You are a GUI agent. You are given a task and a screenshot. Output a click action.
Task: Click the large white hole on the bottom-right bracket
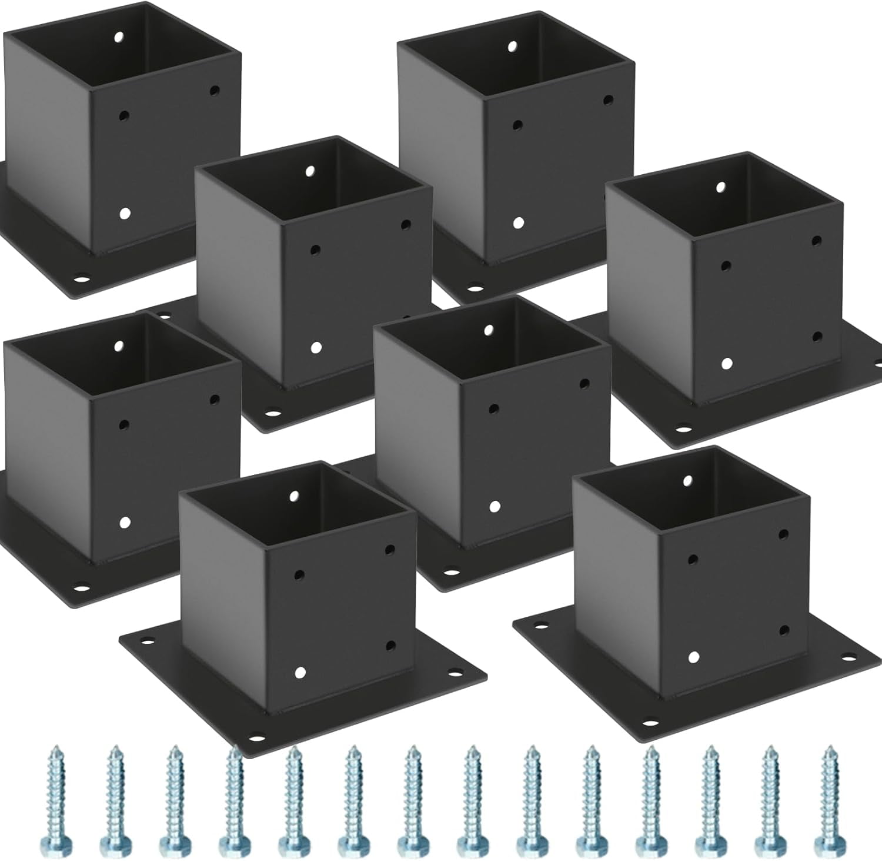694,657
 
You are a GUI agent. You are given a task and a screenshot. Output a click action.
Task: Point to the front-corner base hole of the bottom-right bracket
650,723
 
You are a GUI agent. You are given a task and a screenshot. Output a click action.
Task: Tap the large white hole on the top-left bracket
124,214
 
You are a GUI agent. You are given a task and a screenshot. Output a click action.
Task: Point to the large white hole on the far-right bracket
727,363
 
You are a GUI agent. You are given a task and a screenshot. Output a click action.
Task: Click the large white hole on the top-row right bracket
518,222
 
